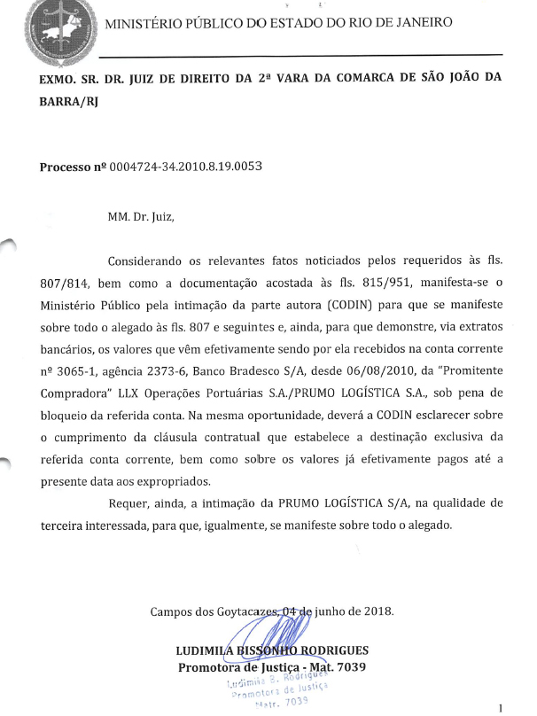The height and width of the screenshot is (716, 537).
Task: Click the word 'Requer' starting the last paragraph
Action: pyautogui.click(x=128, y=502)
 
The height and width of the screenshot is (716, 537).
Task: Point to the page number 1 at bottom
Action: pyautogui.click(x=502, y=707)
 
